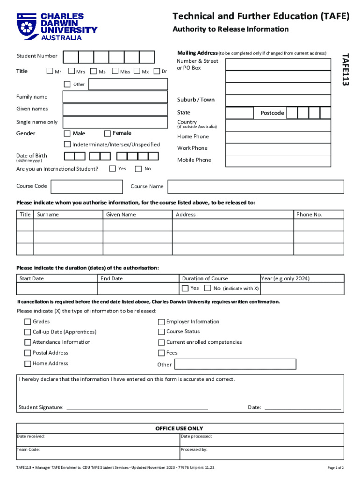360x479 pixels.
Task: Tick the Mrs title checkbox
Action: [x=72, y=72]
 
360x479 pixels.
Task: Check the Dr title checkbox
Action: [x=158, y=72]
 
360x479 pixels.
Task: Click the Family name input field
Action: [x=115, y=97]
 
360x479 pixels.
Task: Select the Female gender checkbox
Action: [x=108, y=133]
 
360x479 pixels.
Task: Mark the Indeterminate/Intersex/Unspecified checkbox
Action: [x=67, y=145]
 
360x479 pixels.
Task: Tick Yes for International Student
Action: [x=113, y=168]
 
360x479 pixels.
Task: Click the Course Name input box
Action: [x=256, y=187]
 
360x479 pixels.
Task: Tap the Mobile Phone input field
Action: [x=285, y=160]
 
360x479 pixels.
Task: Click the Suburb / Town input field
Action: [x=285, y=100]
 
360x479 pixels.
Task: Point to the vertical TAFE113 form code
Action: [x=345, y=69]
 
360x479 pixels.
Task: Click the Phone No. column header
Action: [x=309, y=214]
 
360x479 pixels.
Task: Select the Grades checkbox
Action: [x=28, y=322]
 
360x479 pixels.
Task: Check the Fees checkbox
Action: [x=161, y=353]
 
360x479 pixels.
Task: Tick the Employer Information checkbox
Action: [x=161, y=322]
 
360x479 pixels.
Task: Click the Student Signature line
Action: [x=137, y=407]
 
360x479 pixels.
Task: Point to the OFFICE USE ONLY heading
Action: [x=180, y=428]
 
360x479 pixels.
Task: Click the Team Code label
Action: [x=29, y=450]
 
